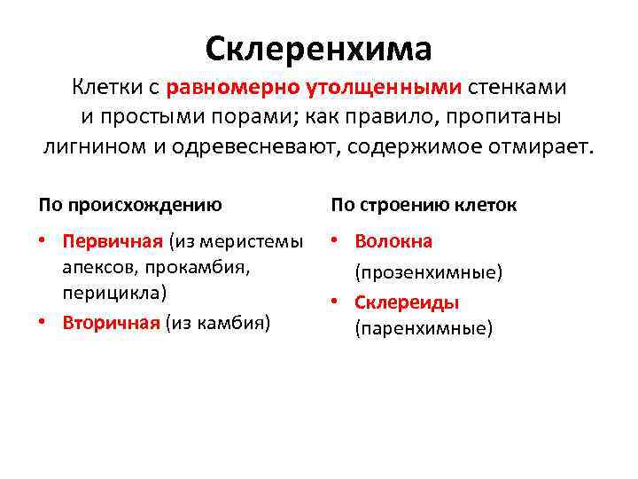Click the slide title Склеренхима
click(318, 48)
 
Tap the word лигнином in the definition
click(89, 145)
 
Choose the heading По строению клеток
click(424, 205)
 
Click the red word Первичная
click(113, 241)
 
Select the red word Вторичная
click(113, 321)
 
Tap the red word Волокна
click(393, 241)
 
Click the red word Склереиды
click(406, 302)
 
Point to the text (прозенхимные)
click(428, 271)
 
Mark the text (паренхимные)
click(423, 329)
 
